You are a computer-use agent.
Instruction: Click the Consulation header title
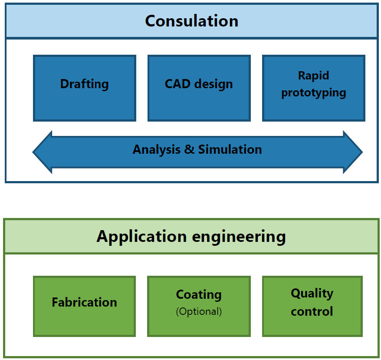pyautogui.click(x=191, y=21)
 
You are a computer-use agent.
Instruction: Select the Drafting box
pyautogui.click(x=85, y=88)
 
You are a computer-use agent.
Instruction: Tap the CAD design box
pyautogui.click(x=199, y=88)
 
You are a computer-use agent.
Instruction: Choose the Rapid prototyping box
pyautogui.click(x=314, y=88)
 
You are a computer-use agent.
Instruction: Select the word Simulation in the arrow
pyautogui.click(x=230, y=149)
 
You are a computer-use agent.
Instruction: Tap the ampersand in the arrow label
pyautogui.click(x=189, y=149)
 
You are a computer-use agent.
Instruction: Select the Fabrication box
pyautogui.click(x=84, y=306)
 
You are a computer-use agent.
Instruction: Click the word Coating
pyautogui.click(x=199, y=294)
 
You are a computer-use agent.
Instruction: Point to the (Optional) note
pyautogui.click(x=199, y=312)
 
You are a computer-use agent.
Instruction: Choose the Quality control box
pyautogui.click(x=312, y=306)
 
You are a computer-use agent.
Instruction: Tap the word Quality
pyautogui.click(x=312, y=294)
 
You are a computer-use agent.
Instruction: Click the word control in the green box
pyautogui.click(x=312, y=311)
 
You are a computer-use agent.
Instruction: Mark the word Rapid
pyautogui.click(x=313, y=76)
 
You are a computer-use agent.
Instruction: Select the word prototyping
pyautogui.click(x=314, y=93)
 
